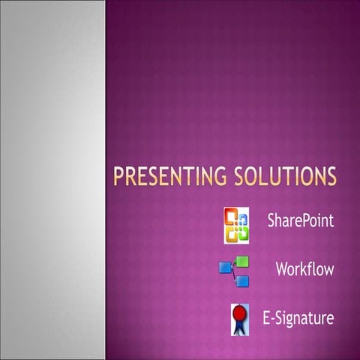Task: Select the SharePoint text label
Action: pos(300,222)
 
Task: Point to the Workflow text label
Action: pos(304,268)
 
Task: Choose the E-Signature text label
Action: pos(297,319)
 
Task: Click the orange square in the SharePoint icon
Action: pos(232,220)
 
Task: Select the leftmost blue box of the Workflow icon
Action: pos(225,268)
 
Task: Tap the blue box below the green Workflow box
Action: pos(244,280)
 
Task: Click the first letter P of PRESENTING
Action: pos(118,177)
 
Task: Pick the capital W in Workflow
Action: pos(281,268)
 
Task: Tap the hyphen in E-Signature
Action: pos(270,319)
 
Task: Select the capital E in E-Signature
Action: pos(265,318)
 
